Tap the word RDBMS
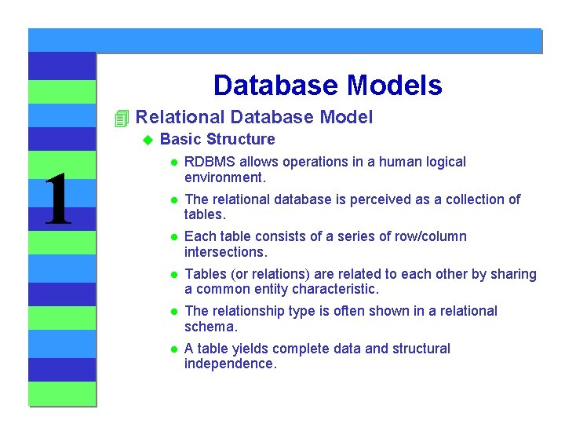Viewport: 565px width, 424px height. (210, 162)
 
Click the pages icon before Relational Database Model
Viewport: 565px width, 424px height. (120, 119)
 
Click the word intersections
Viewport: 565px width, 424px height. (224, 252)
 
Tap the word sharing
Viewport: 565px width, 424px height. (512, 274)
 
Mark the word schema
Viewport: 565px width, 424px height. (210, 327)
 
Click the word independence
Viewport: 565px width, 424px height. (230, 364)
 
